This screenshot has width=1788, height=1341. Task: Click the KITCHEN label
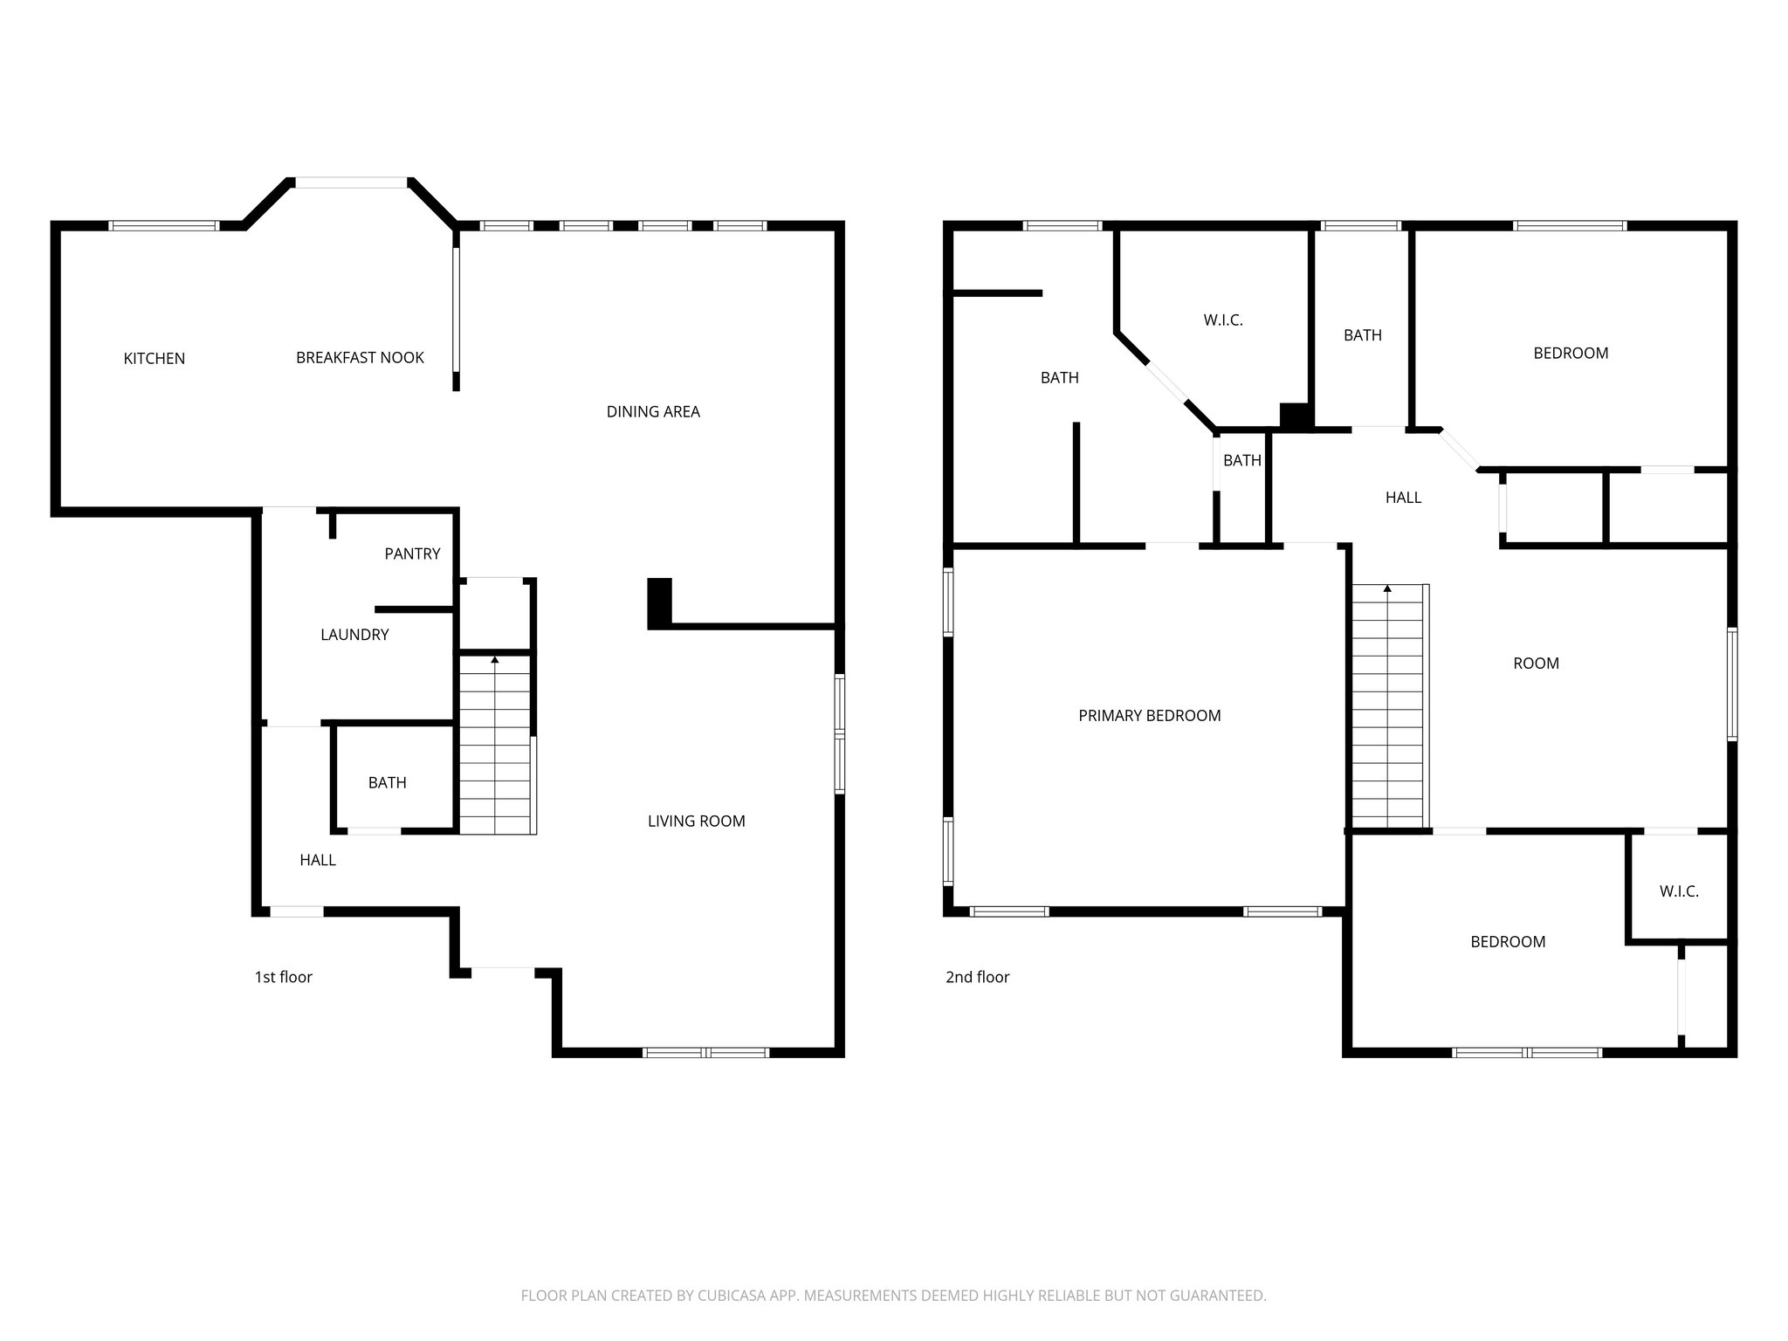[x=154, y=359]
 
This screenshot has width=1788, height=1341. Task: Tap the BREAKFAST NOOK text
[x=360, y=358]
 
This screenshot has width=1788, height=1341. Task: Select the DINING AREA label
[x=653, y=412]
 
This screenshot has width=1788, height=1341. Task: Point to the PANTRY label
[x=412, y=554]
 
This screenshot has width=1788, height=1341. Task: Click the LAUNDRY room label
[x=354, y=635]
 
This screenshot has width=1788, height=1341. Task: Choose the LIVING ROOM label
[x=696, y=821]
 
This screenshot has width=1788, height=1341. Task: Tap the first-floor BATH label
[x=387, y=783]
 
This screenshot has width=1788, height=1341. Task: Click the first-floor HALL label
[x=318, y=860]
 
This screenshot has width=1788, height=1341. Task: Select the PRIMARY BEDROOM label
[x=1149, y=716]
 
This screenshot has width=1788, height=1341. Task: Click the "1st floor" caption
[x=283, y=977]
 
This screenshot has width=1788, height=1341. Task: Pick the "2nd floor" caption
[x=977, y=977]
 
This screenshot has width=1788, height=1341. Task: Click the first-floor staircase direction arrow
[x=495, y=660]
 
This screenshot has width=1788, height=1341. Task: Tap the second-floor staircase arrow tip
[x=1387, y=588]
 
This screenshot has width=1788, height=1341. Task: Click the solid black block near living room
[x=659, y=602]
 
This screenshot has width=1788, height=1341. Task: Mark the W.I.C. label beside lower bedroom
[x=1678, y=891]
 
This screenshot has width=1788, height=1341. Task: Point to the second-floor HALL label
[x=1403, y=498]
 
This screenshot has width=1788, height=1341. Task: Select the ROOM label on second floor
[x=1536, y=664]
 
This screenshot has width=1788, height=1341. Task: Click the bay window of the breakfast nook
[x=351, y=182]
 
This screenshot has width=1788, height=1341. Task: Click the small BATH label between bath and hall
[x=1241, y=461]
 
